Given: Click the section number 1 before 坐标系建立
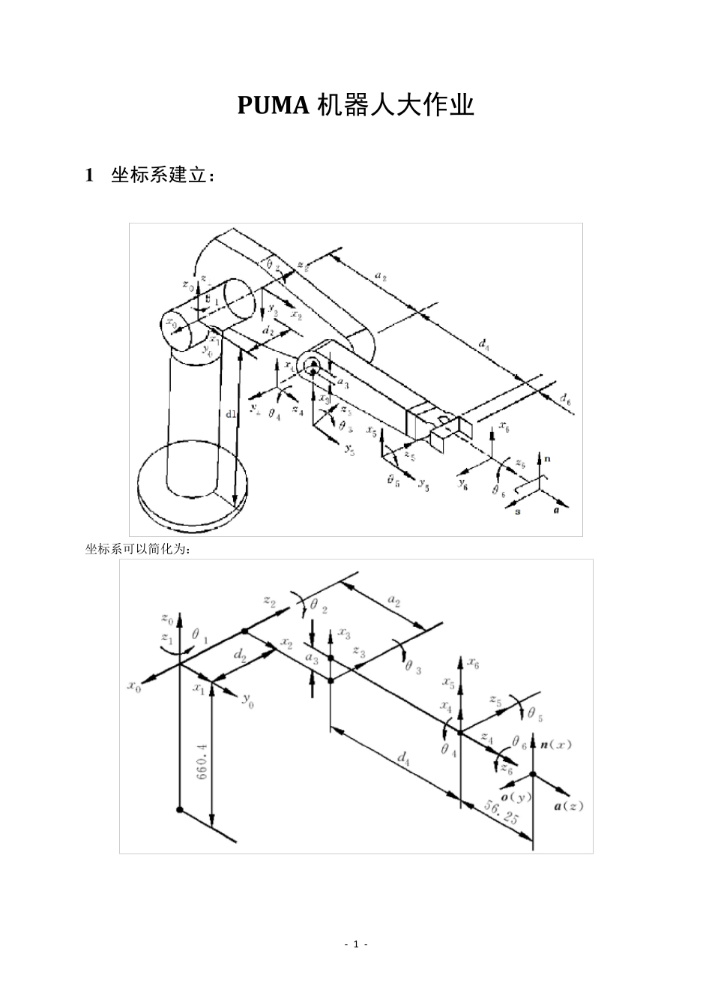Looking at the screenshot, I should pyautogui.click(x=90, y=175).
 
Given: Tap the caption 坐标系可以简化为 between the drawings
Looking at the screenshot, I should pyautogui.click(x=138, y=549).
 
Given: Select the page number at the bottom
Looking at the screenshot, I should pyautogui.click(x=356, y=943).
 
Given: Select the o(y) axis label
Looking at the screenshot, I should pyautogui.click(x=516, y=796).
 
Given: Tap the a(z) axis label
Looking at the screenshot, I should pyautogui.click(x=567, y=806).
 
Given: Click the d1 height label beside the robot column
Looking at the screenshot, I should pyautogui.click(x=230, y=414).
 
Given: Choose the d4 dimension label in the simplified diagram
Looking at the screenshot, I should pyautogui.click(x=403, y=760).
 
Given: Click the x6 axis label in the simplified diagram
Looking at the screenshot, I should pyautogui.click(x=473, y=662).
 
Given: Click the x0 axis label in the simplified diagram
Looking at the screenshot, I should pyautogui.click(x=134, y=686).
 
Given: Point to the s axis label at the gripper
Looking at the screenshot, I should pyautogui.click(x=518, y=511).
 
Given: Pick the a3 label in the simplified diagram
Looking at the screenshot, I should pyautogui.click(x=311, y=658).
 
